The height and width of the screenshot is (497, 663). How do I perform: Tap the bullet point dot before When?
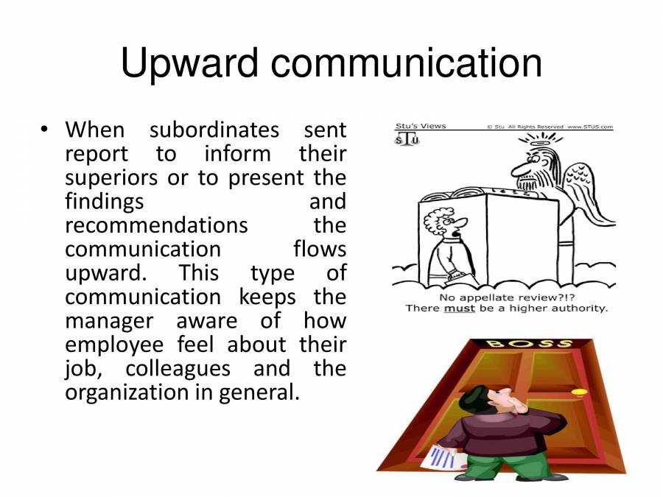tap(45, 130)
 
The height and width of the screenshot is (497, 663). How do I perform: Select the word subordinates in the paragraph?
tap(214, 130)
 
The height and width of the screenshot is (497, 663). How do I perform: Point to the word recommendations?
tap(156, 225)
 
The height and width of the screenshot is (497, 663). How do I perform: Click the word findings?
tap(105, 201)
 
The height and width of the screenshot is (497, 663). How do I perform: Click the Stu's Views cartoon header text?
tap(421, 126)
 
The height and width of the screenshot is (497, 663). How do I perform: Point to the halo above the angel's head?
tap(545, 137)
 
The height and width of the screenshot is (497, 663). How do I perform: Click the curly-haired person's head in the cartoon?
tap(441, 221)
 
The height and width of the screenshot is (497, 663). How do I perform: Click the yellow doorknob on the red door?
tap(580, 391)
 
